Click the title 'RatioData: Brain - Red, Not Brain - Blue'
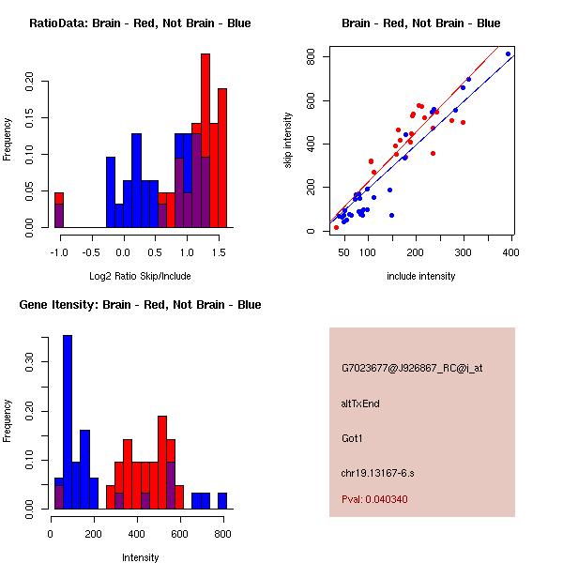click(x=140, y=23)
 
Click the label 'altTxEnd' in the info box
click(x=360, y=403)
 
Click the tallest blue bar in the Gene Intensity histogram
click(x=68, y=422)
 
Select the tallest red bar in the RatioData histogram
click(x=205, y=141)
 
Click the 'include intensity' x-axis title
click(x=420, y=276)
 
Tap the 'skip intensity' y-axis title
click(x=289, y=141)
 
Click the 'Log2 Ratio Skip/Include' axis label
click(x=140, y=276)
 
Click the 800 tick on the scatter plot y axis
click(x=310, y=57)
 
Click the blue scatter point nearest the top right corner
click(x=508, y=54)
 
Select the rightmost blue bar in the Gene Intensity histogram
click(x=223, y=500)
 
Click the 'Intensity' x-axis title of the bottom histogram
click(x=140, y=557)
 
